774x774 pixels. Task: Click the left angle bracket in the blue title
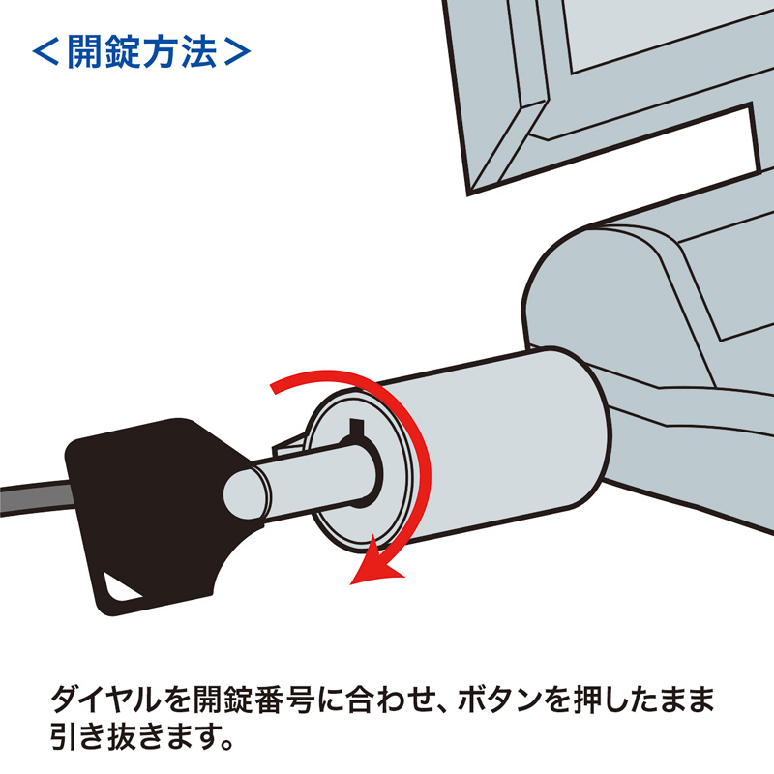pos(45,51)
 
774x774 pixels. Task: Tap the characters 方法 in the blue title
pos(179,51)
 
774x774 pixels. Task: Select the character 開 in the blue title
pos(86,51)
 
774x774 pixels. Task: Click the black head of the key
pos(145,503)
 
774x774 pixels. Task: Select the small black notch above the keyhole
pos(355,427)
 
